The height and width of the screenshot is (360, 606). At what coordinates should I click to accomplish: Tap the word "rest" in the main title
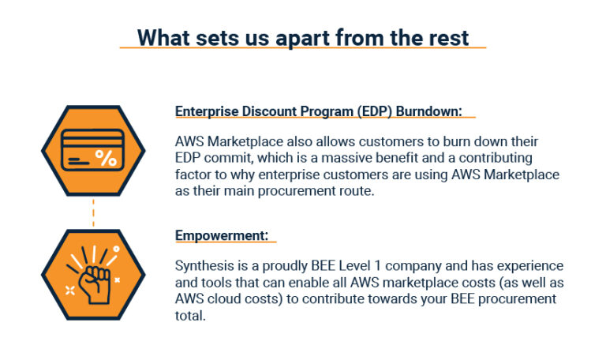[x=447, y=37]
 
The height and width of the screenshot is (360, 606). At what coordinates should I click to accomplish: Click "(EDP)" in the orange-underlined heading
[x=371, y=111]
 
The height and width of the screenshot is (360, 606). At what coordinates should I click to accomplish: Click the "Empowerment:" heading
[x=222, y=236]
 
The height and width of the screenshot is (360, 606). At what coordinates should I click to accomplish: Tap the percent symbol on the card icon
[x=105, y=157]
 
